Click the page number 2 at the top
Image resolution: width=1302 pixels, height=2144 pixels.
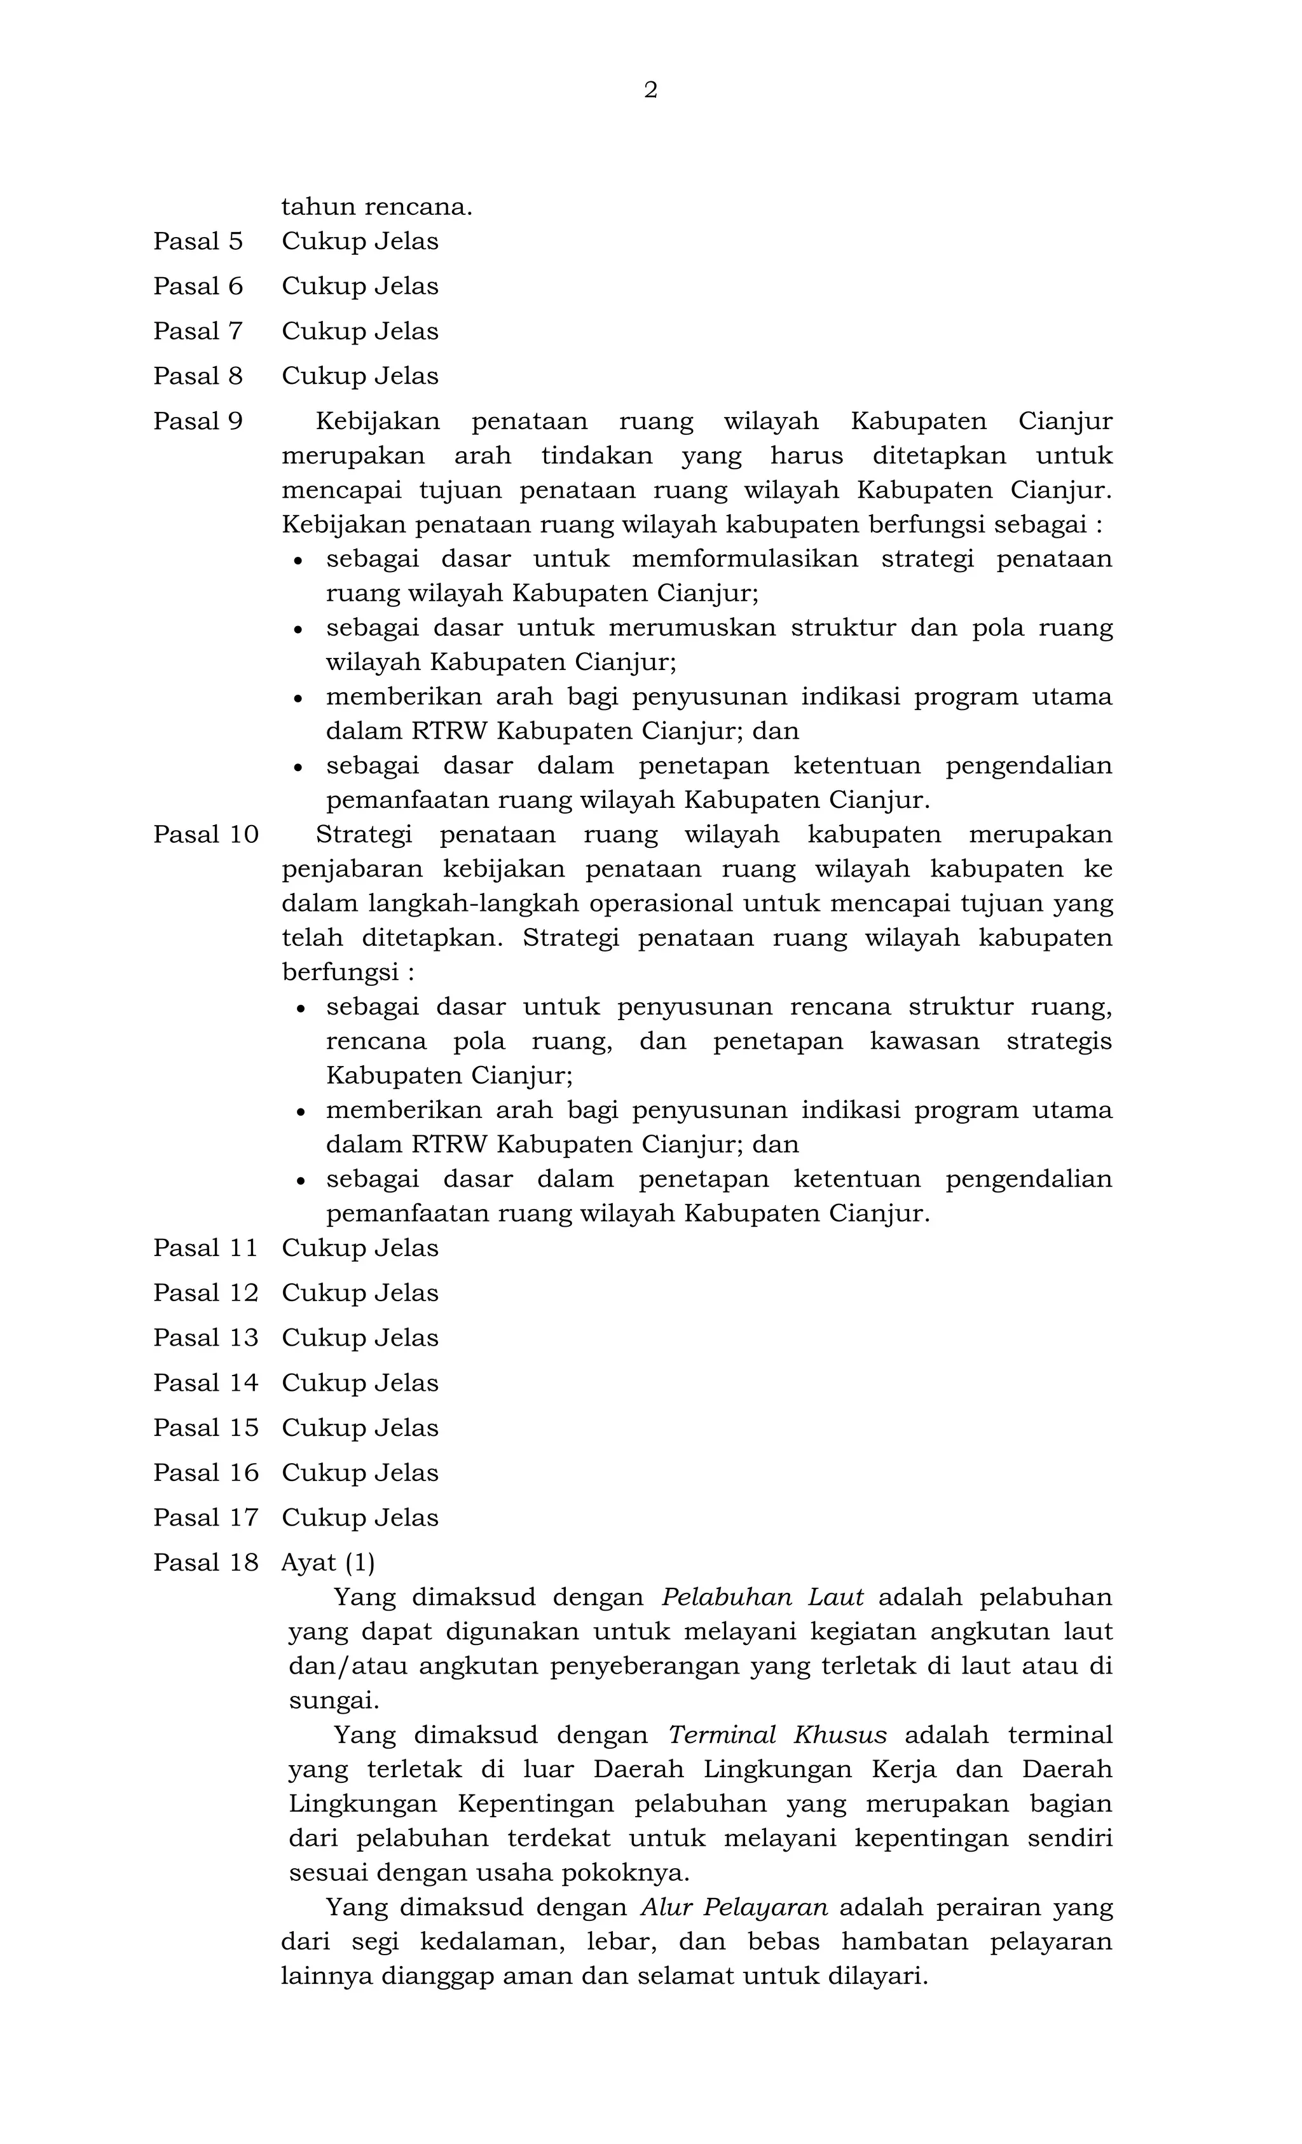650,90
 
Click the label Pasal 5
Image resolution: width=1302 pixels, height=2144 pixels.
198,241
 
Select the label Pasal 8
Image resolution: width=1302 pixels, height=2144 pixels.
198,376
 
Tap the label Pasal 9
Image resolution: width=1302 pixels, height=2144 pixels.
198,421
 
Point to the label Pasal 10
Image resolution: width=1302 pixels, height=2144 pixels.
205,835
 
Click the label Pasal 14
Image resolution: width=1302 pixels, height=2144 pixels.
205,1383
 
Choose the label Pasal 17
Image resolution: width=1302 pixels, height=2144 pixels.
205,1517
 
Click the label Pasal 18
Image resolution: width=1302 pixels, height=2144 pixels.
205,1563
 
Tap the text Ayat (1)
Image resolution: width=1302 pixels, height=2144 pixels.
328,1563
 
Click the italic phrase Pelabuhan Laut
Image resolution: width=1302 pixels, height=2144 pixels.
762,1597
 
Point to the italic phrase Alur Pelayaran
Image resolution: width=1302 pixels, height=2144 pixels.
734,1908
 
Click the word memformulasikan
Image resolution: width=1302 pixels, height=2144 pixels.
745,559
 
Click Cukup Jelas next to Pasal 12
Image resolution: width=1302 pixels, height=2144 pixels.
359,1293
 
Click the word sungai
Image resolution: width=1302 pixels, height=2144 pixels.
333,1700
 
